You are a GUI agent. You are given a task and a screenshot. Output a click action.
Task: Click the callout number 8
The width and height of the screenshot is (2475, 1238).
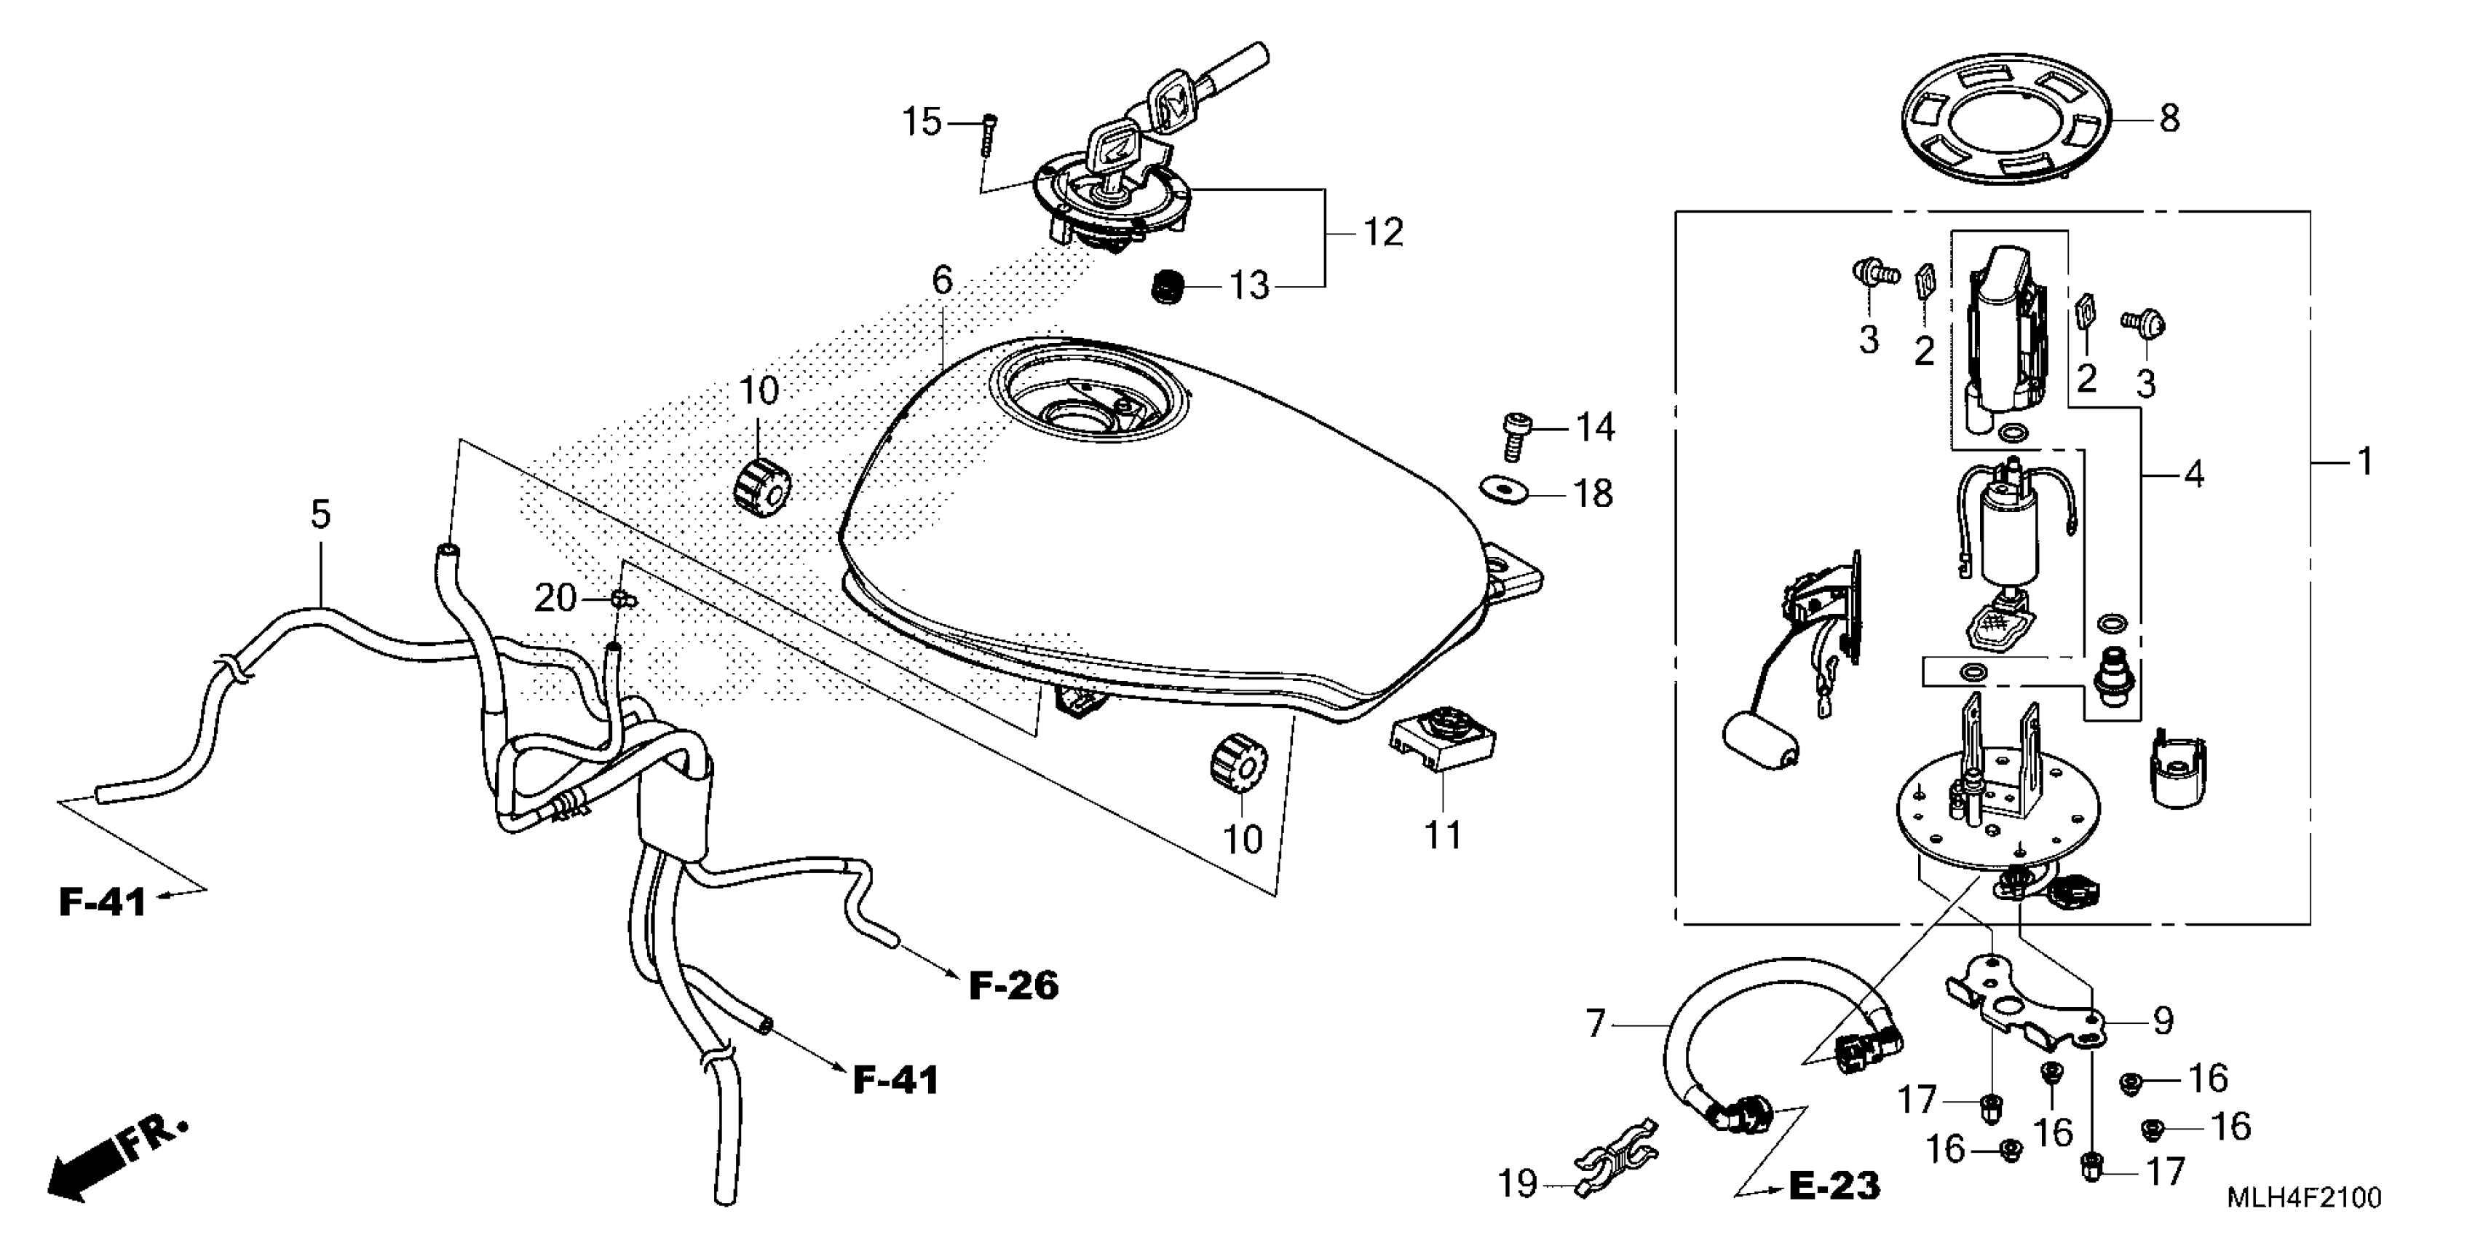click(2169, 119)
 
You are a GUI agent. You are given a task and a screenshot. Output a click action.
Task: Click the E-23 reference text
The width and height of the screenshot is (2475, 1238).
click(1833, 1186)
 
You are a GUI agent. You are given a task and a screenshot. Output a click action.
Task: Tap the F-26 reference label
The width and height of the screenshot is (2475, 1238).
click(1013, 986)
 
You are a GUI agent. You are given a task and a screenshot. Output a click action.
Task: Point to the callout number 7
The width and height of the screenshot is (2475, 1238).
click(1595, 1025)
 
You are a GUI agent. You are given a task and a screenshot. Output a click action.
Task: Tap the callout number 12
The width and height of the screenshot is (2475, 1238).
click(1384, 232)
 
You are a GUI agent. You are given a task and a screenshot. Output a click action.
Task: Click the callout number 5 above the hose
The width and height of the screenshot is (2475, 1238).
click(321, 514)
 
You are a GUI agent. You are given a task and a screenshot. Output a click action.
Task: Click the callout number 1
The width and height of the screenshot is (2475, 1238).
click(2364, 462)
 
